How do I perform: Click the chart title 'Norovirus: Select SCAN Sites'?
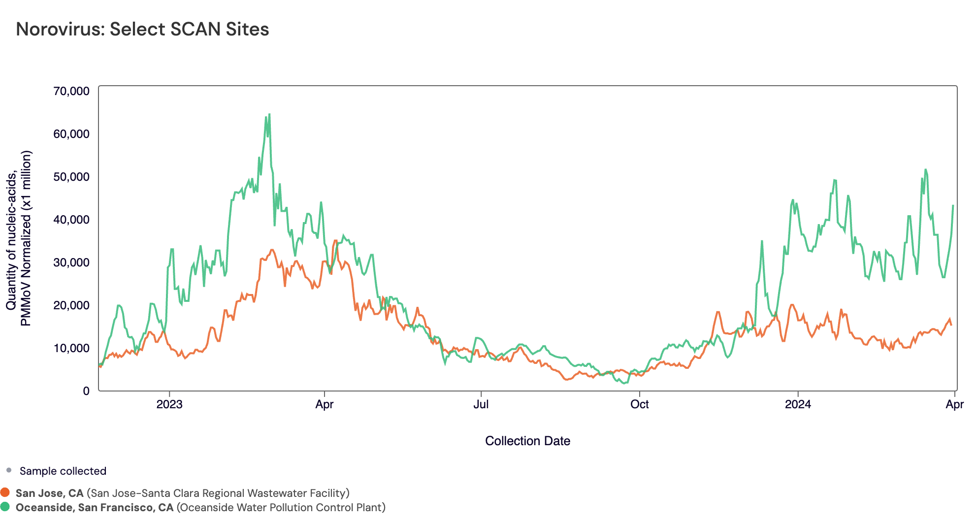pyautogui.click(x=142, y=29)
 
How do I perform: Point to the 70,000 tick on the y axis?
pyautogui.click(x=71, y=91)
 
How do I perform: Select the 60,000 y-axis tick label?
pyautogui.click(x=71, y=134)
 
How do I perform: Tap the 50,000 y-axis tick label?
pyautogui.click(x=71, y=177)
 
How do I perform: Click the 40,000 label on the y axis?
pyautogui.click(x=71, y=220)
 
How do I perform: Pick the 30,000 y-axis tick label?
pyautogui.click(x=71, y=262)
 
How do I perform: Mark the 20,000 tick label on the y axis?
pyautogui.click(x=71, y=305)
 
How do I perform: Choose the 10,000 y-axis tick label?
pyautogui.click(x=71, y=348)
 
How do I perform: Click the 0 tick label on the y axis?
pyautogui.click(x=86, y=391)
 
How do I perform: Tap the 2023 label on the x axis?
pyautogui.click(x=169, y=405)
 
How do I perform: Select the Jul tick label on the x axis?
pyautogui.click(x=481, y=405)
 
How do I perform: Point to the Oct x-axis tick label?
pyautogui.click(x=639, y=405)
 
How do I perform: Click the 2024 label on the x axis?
pyautogui.click(x=798, y=405)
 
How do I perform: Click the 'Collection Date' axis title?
pyautogui.click(x=527, y=441)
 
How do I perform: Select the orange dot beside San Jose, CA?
pyautogui.click(x=5, y=492)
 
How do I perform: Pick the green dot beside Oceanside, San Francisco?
pyautogui.click(x=5, y=507)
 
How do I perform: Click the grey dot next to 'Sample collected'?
pyautogui.click(x=9, y=470)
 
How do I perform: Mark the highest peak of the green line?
pyautogui.click(x=269, y=114)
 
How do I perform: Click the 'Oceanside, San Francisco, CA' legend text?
pyautogui.click(x=95, y=507)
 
